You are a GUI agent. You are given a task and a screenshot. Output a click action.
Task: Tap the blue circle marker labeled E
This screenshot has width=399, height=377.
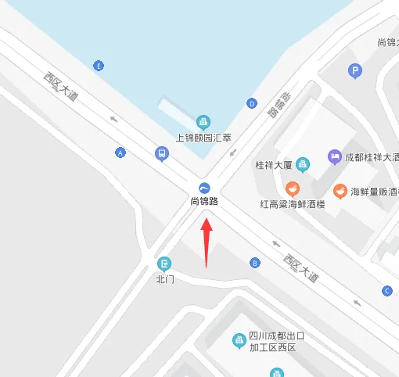pyautogui.click(x=98, y=66)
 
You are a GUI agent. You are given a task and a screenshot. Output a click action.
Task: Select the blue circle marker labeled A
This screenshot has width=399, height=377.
pyautogui.click(x=120, y=152)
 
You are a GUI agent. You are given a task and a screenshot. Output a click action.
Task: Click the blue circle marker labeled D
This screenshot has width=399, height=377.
pyautogui.click(x=251, y=102)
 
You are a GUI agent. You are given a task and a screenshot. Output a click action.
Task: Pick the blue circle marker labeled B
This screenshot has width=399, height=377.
pyautogui.click(x=253, y=262)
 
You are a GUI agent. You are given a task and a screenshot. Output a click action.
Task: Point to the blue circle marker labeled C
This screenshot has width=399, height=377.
pyautogui.click(x=386, y=291)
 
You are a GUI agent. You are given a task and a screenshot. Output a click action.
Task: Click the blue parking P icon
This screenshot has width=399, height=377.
pyautogui.click(x=355, y=71)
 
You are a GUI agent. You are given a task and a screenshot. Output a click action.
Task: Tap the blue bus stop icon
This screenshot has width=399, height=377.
pyautogui.click(x=162, y=153)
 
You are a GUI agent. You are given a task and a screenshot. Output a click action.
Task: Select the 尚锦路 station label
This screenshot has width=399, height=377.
pyautogui.click(x=204, y=201)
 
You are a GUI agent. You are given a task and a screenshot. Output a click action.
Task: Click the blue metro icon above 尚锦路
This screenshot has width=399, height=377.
pyautogui.click(x=204, y=187)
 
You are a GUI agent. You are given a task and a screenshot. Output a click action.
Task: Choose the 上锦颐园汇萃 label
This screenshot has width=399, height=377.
pyautogui.click(x=203, y=138)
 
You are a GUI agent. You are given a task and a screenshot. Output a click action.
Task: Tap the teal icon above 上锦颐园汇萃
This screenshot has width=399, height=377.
pyautogui.click(x=203, y=122)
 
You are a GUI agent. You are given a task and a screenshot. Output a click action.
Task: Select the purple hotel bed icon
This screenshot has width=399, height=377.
pyautogui.click(x=334, y=156)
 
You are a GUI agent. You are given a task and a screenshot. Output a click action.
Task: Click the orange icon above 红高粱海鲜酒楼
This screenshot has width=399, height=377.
pyautogui.click(x=292, y=188)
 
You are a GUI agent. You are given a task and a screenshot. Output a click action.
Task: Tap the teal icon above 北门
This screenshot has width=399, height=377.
pyautogui.click(x=164, y=264)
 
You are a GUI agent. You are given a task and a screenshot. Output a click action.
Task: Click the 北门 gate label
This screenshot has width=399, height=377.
pyautogui.click(x=164, y=278)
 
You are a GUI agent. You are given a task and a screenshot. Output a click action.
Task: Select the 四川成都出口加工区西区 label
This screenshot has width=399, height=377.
pyautogui.click(x=275, y=342)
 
